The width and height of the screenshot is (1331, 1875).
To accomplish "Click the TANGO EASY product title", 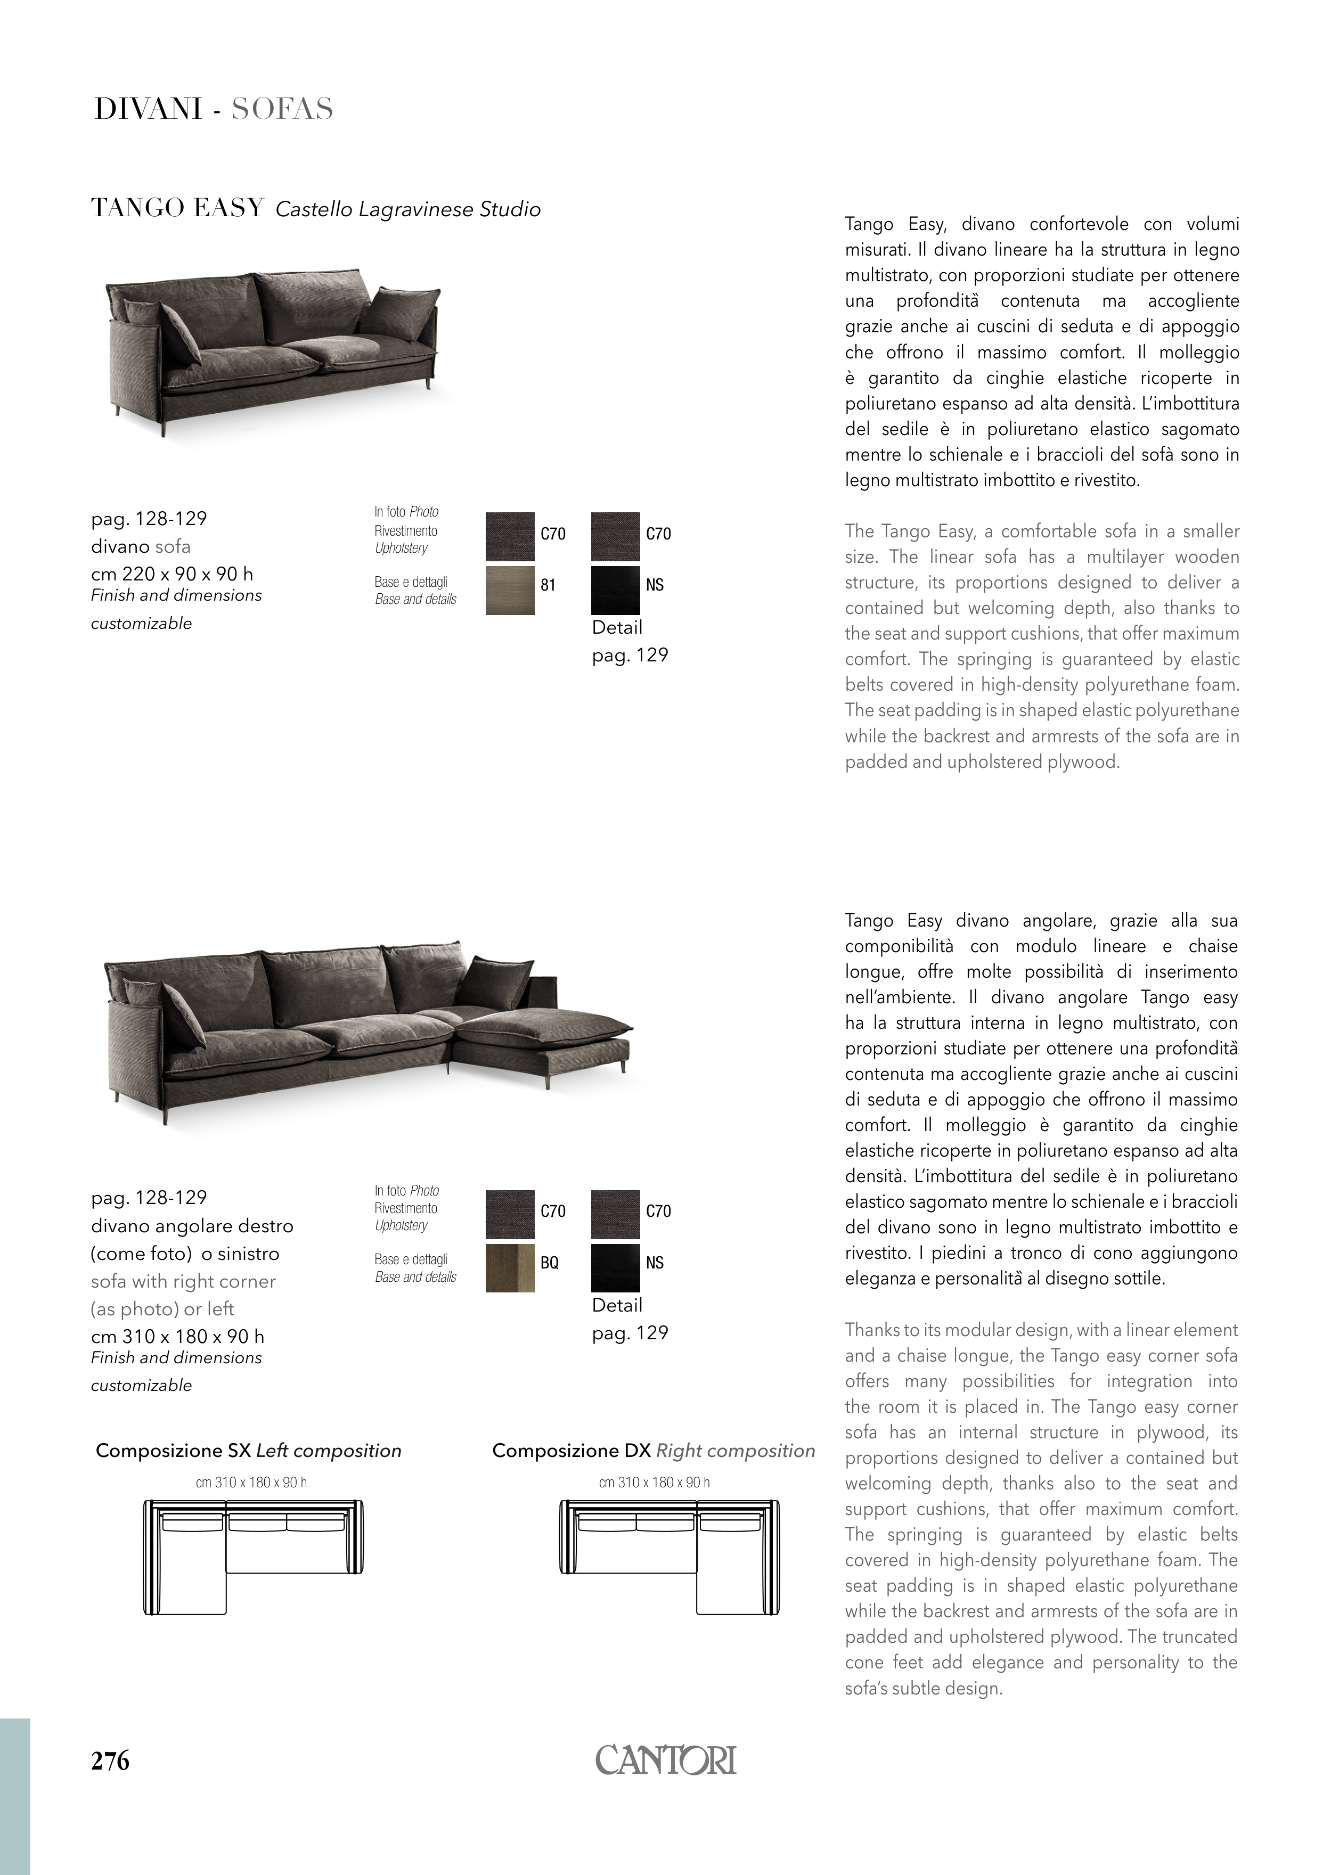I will click(x=177, y=208).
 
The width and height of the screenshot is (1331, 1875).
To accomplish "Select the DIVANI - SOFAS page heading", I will click(x=213, y=109).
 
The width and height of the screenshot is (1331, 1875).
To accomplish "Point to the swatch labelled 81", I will click(x=510, y=590).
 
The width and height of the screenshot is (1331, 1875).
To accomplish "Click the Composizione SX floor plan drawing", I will click(x=252, y=1557).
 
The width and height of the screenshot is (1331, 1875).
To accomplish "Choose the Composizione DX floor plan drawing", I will click(x=669, y=1557).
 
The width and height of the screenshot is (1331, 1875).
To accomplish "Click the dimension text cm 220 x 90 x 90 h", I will click(x=172, y=574).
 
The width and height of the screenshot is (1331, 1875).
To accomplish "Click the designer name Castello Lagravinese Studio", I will click(x=408, y=210).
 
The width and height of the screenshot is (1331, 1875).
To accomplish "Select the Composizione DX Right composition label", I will click(x=653, y=1451).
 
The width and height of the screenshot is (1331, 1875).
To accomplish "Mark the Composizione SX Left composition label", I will click(x=248, y=1451).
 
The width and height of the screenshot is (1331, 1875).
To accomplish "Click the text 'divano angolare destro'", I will click(x=192, y=1226).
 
